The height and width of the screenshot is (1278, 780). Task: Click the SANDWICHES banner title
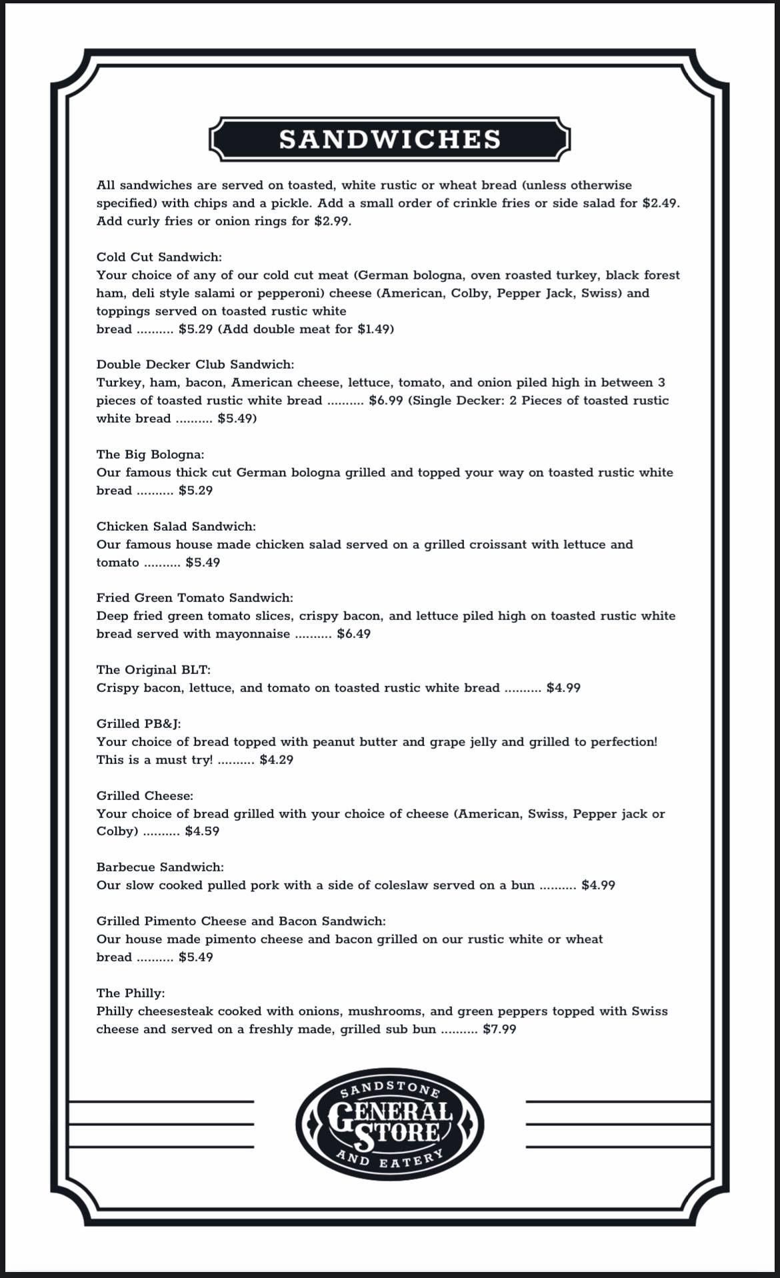click(x=390, y=139)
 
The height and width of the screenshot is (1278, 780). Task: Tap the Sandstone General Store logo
click(x=390, y=1126)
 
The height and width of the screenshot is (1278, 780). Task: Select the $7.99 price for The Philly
click(x=499, y=1029)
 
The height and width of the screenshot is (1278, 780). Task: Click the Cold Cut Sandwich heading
click(x=159, y=257)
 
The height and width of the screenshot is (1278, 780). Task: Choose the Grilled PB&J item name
click(x=139, y=723)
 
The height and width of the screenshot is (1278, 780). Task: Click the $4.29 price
click(x=276, y=759)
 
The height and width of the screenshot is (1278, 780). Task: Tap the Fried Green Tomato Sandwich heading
click(x=195, y=597)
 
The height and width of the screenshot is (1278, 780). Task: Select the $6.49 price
click(x=353, y=633)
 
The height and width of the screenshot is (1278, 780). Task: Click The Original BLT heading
click(x=153, y=669)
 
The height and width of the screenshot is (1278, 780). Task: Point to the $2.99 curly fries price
click(x=331, y=221)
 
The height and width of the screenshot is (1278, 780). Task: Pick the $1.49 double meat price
click(x=373, y=329)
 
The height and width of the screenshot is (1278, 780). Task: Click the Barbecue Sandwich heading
click(x=160, y=867)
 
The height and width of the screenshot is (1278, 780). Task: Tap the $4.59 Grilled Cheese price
click(x=202, y=831)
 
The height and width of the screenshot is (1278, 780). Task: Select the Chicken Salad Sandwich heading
click(x=176, y=526)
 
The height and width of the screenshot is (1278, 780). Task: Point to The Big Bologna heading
click(x=150, y=454)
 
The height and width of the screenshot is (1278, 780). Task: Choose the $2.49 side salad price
click(x=660, y=203)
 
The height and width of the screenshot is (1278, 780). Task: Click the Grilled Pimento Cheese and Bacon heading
click(x=241, y=921)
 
